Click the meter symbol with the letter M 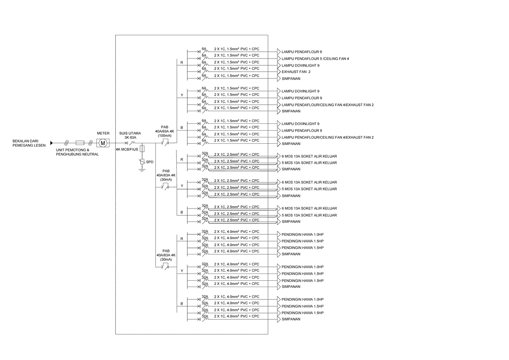coord(103,143)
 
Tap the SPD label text coord(150,162)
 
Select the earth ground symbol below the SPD coord(142,170)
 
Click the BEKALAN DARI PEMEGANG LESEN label coord(29,143)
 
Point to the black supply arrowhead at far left coord(52,143)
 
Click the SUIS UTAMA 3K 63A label coord(130,135)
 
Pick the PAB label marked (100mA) coord(165,131)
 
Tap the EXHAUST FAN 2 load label coord(296,72)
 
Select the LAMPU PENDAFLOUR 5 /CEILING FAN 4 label coord(315,59)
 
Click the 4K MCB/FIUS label coord(127,149)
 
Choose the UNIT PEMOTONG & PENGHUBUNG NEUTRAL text coord(77,152)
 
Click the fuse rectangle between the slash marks coord(80,143)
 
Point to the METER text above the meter coord(103,133)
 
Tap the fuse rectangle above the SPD coord(142,149)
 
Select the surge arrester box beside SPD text coord(142,162)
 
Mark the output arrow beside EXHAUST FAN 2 coord(279,72)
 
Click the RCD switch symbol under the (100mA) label coord(165,143)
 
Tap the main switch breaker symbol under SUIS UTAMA coord(130,143)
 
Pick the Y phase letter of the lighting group coord(182,95)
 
